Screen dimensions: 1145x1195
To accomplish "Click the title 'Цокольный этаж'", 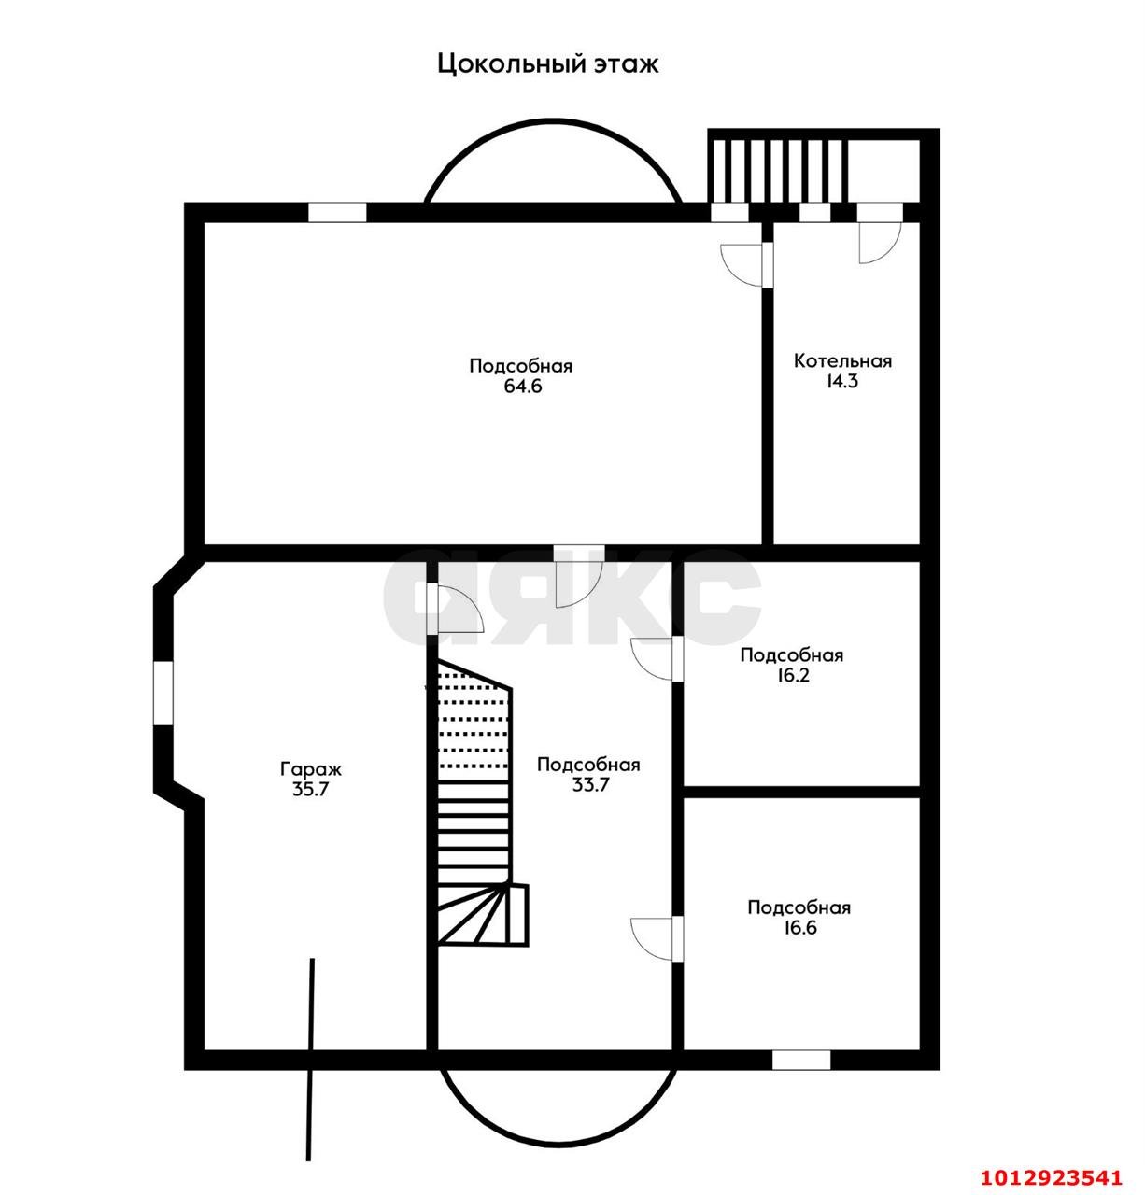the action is pyautogui.click(x=547, y=63).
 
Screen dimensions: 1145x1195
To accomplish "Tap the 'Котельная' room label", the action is pyautogui.click(x=842, y=360).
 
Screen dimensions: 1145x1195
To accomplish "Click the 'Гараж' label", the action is pyautogui.click(x=311, y=769).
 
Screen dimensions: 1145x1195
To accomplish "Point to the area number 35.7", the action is pyautogui.click(x=311, y=789).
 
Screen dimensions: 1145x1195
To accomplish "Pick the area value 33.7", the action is pyautogui.click(x=589, y=785).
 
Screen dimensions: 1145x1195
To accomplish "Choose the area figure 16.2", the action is pyautogui.click(x=791, y=676).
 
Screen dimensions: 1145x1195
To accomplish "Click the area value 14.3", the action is pyautogui.click(x=841, y=381).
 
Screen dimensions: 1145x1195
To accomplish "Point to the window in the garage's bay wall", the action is pyautogui.click(x=163, y=694).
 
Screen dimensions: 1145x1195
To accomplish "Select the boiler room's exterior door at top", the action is pyautogui.click(x=880, y=233).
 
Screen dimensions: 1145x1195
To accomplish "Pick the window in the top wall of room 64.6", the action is pyautogui.click(x=337, y=212).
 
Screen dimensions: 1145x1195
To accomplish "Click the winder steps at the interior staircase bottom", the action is pyautogui.click(x=482, y=914).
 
